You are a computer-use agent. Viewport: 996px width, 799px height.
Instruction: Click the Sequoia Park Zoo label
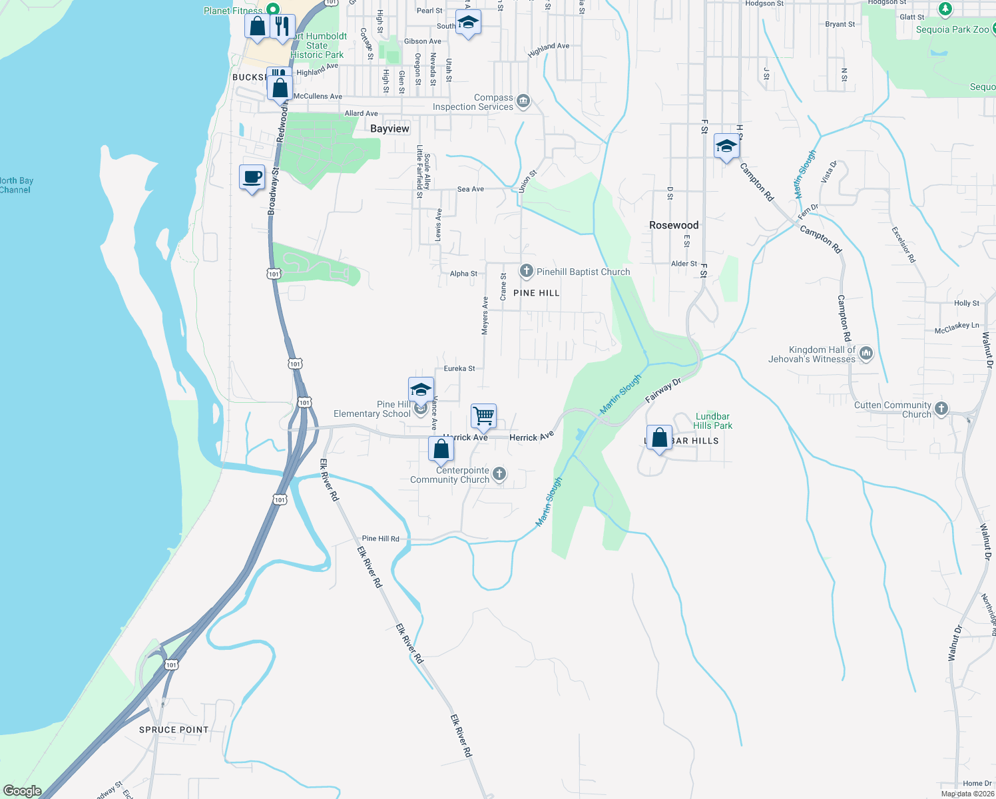tap(952, 29)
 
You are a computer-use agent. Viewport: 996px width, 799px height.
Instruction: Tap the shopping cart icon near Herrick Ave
tap(484, 416)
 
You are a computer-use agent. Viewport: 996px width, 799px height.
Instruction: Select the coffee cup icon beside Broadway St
tap(252, 178)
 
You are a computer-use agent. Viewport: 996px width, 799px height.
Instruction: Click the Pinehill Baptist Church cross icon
tap(526, 271)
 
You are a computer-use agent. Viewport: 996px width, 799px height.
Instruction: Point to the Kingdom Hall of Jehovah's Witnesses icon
tap(866, 354)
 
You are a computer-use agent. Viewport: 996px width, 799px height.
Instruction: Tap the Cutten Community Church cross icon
tap(941, 408)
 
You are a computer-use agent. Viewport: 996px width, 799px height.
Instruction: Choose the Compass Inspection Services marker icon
tap(523, 101)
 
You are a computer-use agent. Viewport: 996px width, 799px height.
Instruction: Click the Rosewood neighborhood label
tap(674, 225)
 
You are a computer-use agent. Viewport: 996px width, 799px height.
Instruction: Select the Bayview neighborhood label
tap(389, 129)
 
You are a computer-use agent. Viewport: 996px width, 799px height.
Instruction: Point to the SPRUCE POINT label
tap(174, 730)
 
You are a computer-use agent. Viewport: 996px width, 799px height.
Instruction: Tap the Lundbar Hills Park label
tap(712, 421)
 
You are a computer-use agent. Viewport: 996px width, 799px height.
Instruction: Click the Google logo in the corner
tap(23, 791)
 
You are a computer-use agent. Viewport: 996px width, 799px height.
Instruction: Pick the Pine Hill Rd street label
tap(381, 539)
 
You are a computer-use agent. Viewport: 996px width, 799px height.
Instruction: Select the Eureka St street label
tap(459, 368)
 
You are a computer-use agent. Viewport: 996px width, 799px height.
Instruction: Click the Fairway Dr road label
tap(663, 391)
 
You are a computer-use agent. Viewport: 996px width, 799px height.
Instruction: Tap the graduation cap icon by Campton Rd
tap(726, 146)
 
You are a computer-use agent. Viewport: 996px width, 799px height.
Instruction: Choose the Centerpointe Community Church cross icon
tap(499, 474)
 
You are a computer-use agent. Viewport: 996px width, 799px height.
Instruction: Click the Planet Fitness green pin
tap(272, 9)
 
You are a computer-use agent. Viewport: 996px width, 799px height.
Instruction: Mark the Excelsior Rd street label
tap(903, 244)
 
